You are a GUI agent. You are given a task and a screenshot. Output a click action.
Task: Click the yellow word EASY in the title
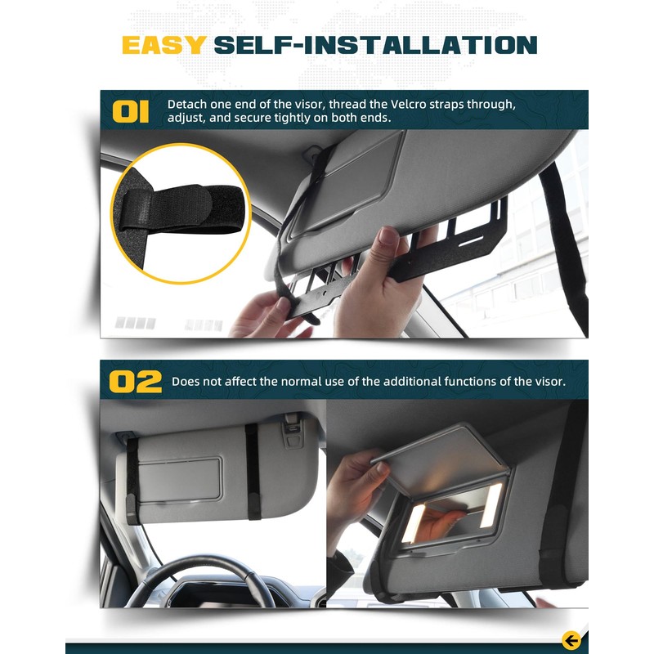coord(163,44)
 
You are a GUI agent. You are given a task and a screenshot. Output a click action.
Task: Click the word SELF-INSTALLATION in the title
coord(375,44)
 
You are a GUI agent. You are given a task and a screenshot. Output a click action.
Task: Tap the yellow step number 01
coord(131,111)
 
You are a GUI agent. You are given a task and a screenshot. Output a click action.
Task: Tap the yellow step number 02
coord(135,382)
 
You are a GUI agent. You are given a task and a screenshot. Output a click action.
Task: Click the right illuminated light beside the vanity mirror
coord(492,505)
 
